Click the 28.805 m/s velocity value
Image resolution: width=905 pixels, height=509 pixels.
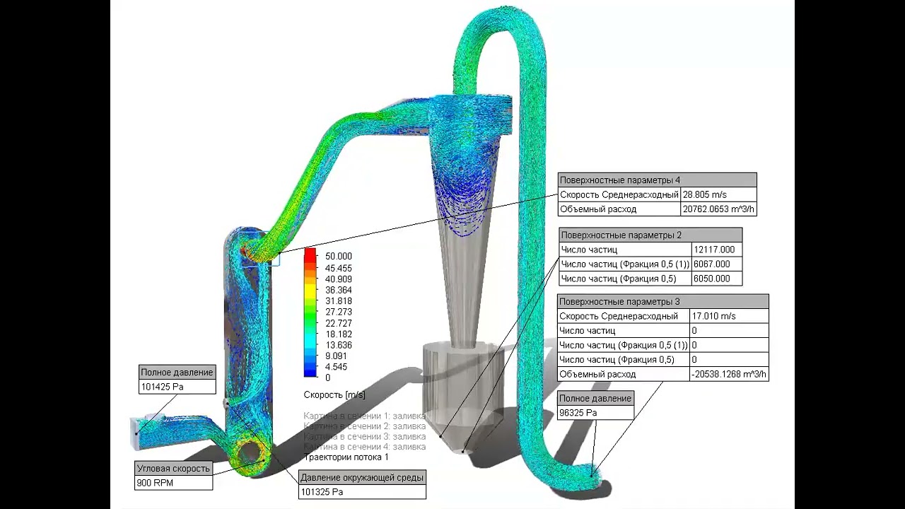[704, 194]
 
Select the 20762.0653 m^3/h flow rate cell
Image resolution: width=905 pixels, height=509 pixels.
[718, 209]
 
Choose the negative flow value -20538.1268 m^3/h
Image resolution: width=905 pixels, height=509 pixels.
[728, 374]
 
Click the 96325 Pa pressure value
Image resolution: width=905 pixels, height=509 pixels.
[578, 413]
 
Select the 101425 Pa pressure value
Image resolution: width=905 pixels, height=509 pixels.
[162, 387]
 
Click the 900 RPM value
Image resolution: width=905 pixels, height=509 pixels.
[155, 483]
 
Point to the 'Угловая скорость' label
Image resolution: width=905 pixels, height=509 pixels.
[173, 468]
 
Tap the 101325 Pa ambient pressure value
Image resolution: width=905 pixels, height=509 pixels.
[322, 492]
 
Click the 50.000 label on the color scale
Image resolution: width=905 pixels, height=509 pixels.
[338, 256]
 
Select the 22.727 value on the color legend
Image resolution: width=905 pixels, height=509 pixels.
[338, 323]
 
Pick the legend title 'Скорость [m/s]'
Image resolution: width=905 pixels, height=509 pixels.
[334, 394]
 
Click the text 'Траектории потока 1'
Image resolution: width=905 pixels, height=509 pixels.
[346, 457]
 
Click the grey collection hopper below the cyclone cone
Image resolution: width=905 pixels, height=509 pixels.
[463, 382]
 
